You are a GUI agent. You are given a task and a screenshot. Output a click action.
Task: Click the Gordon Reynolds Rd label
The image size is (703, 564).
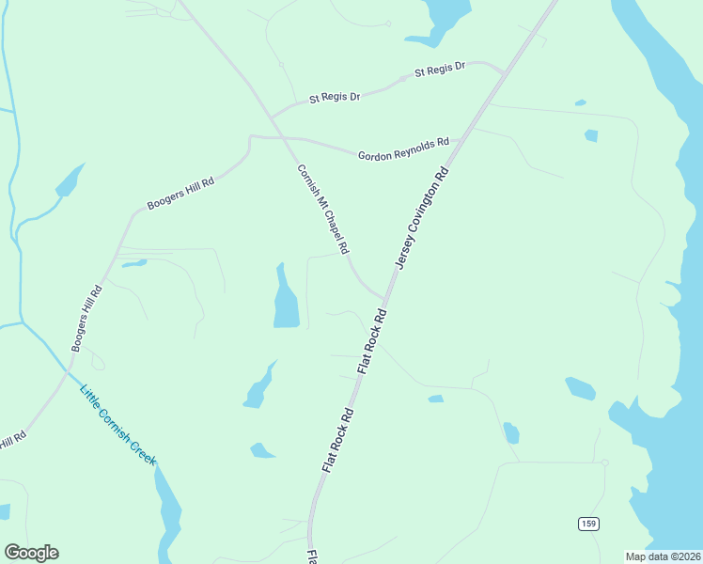click(403, 149)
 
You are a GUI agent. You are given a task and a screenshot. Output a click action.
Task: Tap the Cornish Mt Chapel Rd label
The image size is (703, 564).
click(322, 210)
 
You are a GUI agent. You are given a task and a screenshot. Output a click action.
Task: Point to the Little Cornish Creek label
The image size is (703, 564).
click(117, 426)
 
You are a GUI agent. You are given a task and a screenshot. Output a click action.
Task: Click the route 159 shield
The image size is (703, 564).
click(587, 524)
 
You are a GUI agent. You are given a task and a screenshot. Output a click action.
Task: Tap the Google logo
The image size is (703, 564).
click(31, 553)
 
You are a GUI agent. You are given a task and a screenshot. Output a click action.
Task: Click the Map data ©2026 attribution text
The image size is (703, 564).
click(663, 556)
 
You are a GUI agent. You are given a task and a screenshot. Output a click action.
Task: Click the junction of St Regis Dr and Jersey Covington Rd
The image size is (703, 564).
click(505, 71)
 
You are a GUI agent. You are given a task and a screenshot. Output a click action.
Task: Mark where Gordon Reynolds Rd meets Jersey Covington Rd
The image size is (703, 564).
click(458, 142)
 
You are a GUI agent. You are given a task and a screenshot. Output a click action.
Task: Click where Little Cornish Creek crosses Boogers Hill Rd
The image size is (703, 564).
click(69, 369)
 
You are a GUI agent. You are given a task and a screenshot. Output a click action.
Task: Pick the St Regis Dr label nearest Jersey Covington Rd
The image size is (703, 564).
click(440, 69)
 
